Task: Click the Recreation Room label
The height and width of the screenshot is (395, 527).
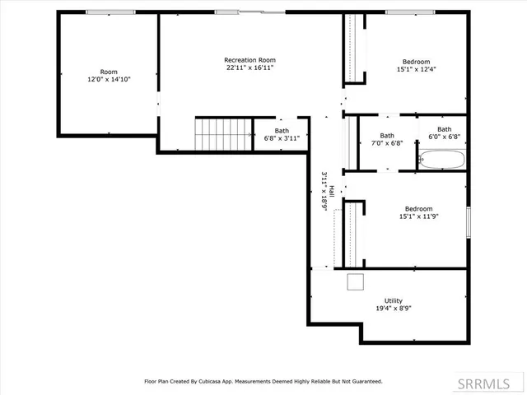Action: tap(250, 60)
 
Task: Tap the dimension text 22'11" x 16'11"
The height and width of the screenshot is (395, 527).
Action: tap(250, 68)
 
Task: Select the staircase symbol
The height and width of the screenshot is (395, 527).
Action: tap(223, 133)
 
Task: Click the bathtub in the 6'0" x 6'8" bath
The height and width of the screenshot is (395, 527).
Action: tap(442, 159)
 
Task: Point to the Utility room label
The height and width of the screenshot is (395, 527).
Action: tap(393, 300)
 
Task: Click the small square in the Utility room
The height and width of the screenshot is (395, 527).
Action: tap(356, 282)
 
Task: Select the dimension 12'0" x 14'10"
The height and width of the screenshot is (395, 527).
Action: tap(109, 80)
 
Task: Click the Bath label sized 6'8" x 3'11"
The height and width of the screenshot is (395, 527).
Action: tap(282, 130)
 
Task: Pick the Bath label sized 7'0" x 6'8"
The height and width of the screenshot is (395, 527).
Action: tap(387, 136)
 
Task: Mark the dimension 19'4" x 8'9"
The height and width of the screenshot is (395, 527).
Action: tap(393, 309)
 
